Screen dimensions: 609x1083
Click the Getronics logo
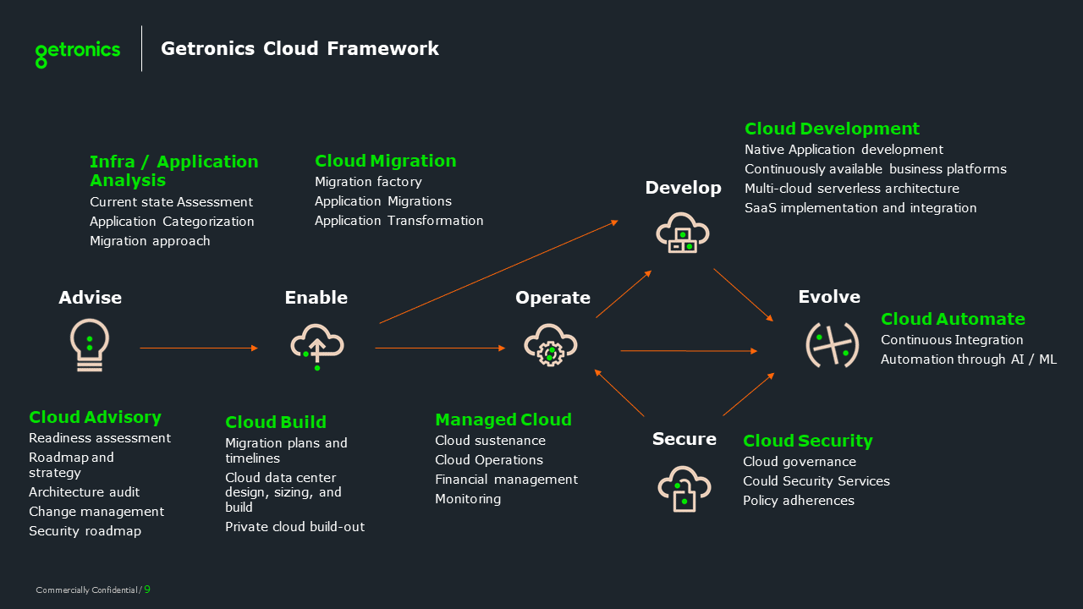click(x=78, y=52)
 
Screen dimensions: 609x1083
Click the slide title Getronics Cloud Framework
click(x=300, y=49)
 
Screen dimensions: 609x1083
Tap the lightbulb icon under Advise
click(x=90, y=345)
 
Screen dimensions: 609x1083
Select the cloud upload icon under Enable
click(x=316, y=345)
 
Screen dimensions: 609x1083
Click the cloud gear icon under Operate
click(x=551, y=345)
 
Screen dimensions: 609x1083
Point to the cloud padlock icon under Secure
click(x=684, y=488)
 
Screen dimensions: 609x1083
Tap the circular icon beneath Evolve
click(x=827, y=345)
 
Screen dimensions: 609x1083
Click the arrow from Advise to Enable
click(x=199, y=348)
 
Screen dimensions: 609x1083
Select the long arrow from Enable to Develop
click(x=498, y=272)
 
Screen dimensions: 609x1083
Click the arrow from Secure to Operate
click(x=619, y=392)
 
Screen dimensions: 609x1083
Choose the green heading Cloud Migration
click(x=385, y=161)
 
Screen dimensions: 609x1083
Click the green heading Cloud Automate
click(x=953, y=319)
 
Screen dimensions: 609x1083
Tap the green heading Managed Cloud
click(x=503, y=420)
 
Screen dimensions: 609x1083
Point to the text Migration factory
click(x=368, y=182)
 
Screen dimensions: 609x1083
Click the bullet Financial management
click(x=506, y=480)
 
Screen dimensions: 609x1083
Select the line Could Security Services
click(x=816, y=481)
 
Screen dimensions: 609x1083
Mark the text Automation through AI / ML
click(x=968, y=359)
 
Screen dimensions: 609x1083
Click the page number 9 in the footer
click(x=147, y=590)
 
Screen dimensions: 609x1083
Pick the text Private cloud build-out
click(x=294, y=527)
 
